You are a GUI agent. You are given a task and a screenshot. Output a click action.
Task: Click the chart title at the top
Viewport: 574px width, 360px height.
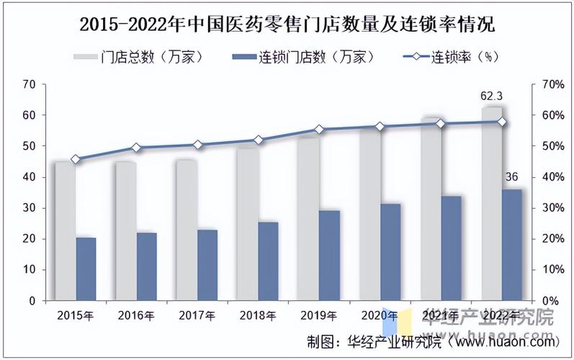(287, 24)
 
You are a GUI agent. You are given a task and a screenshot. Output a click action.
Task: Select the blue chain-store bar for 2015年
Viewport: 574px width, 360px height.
(86, 269)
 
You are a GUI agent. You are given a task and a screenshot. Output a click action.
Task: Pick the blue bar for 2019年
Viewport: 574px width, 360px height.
(329, 255)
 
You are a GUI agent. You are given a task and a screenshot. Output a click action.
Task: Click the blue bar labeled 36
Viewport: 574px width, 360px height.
(511, 245)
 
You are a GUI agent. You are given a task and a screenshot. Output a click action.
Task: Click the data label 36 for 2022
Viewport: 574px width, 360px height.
(511, 177)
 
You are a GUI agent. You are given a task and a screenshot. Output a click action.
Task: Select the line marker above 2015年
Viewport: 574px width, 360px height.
(76, 159)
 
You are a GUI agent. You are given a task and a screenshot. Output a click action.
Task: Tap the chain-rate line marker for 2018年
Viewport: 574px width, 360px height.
(258, 140)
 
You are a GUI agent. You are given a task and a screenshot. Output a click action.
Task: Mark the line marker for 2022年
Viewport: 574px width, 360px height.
(501, 122)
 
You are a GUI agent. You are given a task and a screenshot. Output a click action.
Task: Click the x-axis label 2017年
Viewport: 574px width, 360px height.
(197, 315)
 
